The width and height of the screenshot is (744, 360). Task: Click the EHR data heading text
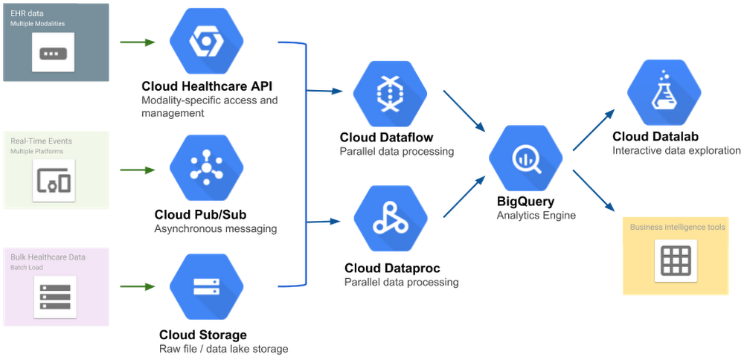pos(25,13)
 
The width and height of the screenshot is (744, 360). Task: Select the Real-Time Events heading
pos(41,140)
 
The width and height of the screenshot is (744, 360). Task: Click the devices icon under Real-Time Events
pos(54,181)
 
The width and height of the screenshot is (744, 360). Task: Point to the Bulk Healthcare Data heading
pos(48,257)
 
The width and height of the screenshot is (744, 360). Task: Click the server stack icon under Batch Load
pos(54,296)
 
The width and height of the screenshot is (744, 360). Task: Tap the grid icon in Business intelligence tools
pos(676,260)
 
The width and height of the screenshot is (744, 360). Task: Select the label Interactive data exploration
pos(676,151)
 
